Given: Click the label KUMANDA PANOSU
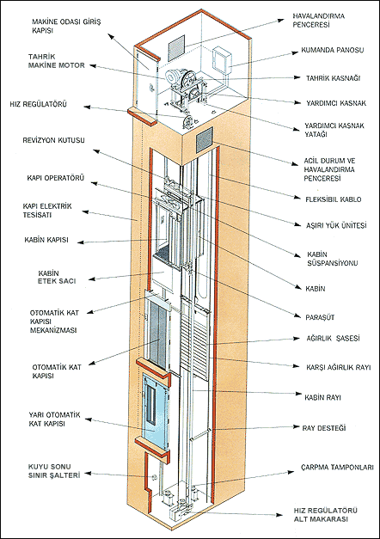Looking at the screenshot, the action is click(332, 50).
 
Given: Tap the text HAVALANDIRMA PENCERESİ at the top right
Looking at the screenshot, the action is click(318, 21).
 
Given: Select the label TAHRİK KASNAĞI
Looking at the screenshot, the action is click(333, 78).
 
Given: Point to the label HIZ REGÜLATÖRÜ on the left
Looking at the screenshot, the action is click(38, 104).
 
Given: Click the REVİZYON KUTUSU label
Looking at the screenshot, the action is click(53, 140).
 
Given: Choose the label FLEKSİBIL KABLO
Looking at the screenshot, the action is click(334, 199).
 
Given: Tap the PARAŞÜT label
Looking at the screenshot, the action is click(320, 317).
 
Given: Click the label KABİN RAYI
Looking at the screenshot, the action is click(322, 397).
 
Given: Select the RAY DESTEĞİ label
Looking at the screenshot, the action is click(323, 428).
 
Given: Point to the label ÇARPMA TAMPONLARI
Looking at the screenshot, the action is click(337, 468).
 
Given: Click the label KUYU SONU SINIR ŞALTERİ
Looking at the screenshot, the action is click(54, 471).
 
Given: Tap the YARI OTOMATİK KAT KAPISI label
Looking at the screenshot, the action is click(54, 419).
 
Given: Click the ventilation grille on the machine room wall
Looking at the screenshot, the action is click(176, 47).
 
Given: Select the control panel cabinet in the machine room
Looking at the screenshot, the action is click(222, 60).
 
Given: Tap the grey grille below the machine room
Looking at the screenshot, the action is click(205, 140).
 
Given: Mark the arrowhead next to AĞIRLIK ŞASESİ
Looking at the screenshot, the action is click(296, 338).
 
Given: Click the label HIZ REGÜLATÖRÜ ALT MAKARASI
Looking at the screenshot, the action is click(325, 515).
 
